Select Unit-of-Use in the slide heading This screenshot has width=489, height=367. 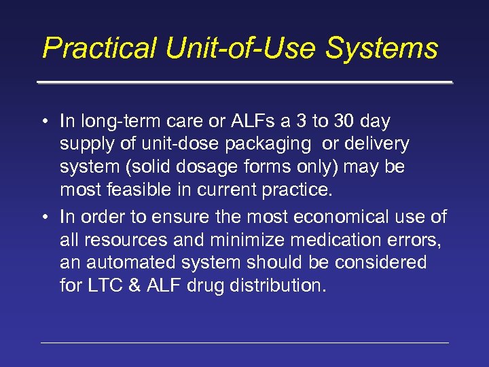240,48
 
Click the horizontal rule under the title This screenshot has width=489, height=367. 244,83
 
